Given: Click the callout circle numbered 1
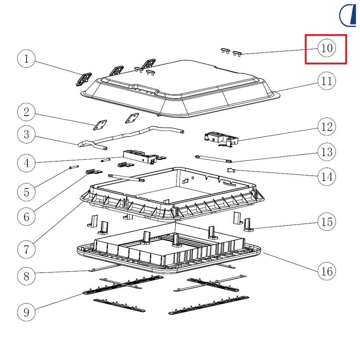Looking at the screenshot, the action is coord(26,59).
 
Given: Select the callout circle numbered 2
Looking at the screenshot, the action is coord(26,112).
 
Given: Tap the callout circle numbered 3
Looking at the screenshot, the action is coord(26,134).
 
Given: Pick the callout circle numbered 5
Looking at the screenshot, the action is coord(26,192).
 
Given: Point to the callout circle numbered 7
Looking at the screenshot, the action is coord(26,249).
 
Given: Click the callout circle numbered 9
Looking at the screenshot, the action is coord(26,312).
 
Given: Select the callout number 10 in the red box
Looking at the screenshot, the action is coord(327,49).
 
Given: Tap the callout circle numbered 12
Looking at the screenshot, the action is coord(327,127).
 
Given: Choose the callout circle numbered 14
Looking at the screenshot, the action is coord(327,177).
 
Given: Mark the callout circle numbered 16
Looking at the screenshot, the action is coord(327,271).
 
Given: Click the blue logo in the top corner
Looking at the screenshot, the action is coord(348,15).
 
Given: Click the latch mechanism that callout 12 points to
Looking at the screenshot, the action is coord(221,139).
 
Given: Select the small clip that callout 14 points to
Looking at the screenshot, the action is coord(231,170).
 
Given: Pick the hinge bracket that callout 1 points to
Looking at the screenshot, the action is coord(84,79).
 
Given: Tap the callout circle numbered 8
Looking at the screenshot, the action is coord(26,276).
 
